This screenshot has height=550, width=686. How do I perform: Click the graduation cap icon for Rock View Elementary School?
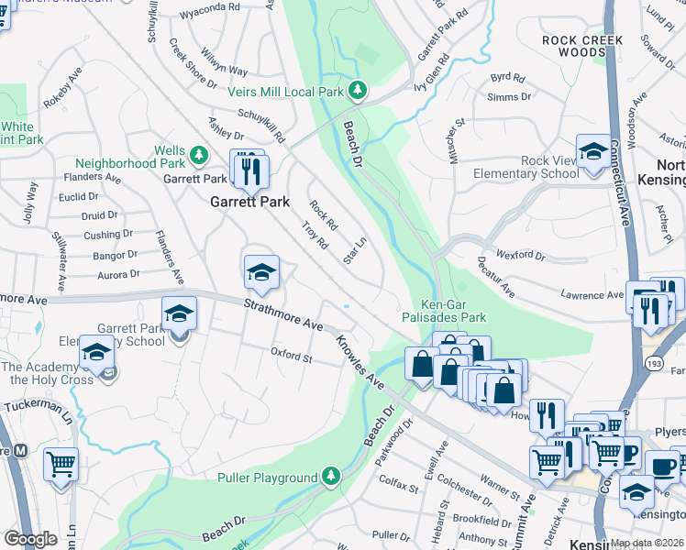(x=592, y=149)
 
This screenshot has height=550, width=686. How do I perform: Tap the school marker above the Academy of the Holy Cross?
(x=96, y=350)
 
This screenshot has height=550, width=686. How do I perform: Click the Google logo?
(x=30, y=539)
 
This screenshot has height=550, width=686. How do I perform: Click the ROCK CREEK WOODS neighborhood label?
(x=582, y=46)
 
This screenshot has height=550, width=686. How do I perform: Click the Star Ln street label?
(x=354, y=250)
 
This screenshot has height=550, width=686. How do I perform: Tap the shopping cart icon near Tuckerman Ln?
(x=61, y=464)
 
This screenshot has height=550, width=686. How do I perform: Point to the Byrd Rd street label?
(x=507, y=78)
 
